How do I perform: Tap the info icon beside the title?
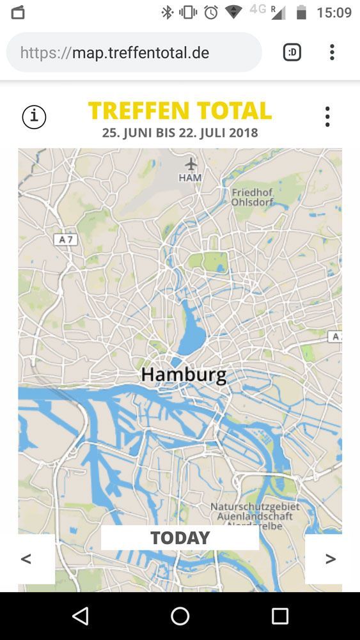tap(34, 117)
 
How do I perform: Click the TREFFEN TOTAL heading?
tap(180, 111)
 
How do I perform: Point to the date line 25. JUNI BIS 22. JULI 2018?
tap(180, 133)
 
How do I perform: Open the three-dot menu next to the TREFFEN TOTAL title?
tap(327, 116)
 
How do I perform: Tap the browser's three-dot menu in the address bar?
tap(332, 52)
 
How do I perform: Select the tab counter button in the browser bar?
tap(292, 52)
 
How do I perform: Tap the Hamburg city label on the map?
tap(184, 374)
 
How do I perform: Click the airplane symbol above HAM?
tap(191, 164)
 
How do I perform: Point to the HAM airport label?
tap(190, 178)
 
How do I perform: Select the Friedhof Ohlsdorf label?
tap(252, 197)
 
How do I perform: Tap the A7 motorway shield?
tap(65, 239)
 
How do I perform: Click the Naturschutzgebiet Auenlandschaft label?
tap(254, 511)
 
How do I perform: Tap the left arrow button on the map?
tap(27, 559)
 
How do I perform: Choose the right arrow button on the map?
tap(330, 559)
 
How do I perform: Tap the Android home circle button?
tap(180, 616)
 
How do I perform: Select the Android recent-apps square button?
tap(280, 616)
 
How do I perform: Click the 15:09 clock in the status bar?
tap(334, 13)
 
